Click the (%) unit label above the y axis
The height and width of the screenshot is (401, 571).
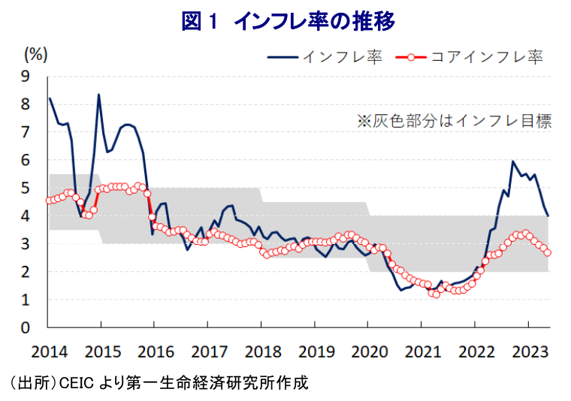[36, 53]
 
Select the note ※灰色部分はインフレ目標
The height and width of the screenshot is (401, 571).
[454, 120]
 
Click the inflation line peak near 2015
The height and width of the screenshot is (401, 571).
[98, 95]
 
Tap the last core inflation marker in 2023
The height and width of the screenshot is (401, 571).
[548, 252]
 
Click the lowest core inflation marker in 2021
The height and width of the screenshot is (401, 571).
[436, 294]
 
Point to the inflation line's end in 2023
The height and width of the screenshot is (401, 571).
[548, 216]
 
